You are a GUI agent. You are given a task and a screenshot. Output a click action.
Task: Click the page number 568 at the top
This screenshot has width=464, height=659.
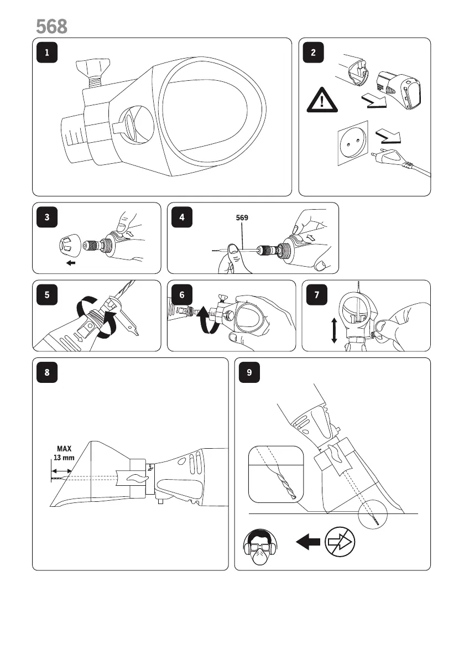click(x=51, y=25)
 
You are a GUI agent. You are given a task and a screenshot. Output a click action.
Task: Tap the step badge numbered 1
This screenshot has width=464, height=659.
click(x=46, y=53)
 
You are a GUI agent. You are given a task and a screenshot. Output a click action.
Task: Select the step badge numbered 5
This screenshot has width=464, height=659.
click(x=46, y=295)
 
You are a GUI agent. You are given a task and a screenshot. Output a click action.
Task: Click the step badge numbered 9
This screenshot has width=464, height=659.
click(x=249, y=372)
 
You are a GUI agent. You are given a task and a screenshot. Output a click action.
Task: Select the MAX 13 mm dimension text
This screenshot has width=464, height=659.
click(x=62, y=453)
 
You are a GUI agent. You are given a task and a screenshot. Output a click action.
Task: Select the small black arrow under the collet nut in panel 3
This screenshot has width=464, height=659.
click(x=71, y=263)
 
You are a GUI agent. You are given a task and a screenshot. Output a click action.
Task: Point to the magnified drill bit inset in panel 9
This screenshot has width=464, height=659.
click(x=275, y=474)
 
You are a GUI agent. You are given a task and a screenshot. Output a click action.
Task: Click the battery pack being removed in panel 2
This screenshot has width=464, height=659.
click(x=398, y=89)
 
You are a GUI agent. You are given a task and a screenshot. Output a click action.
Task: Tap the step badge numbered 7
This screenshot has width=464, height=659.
click(x=316, y=295)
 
